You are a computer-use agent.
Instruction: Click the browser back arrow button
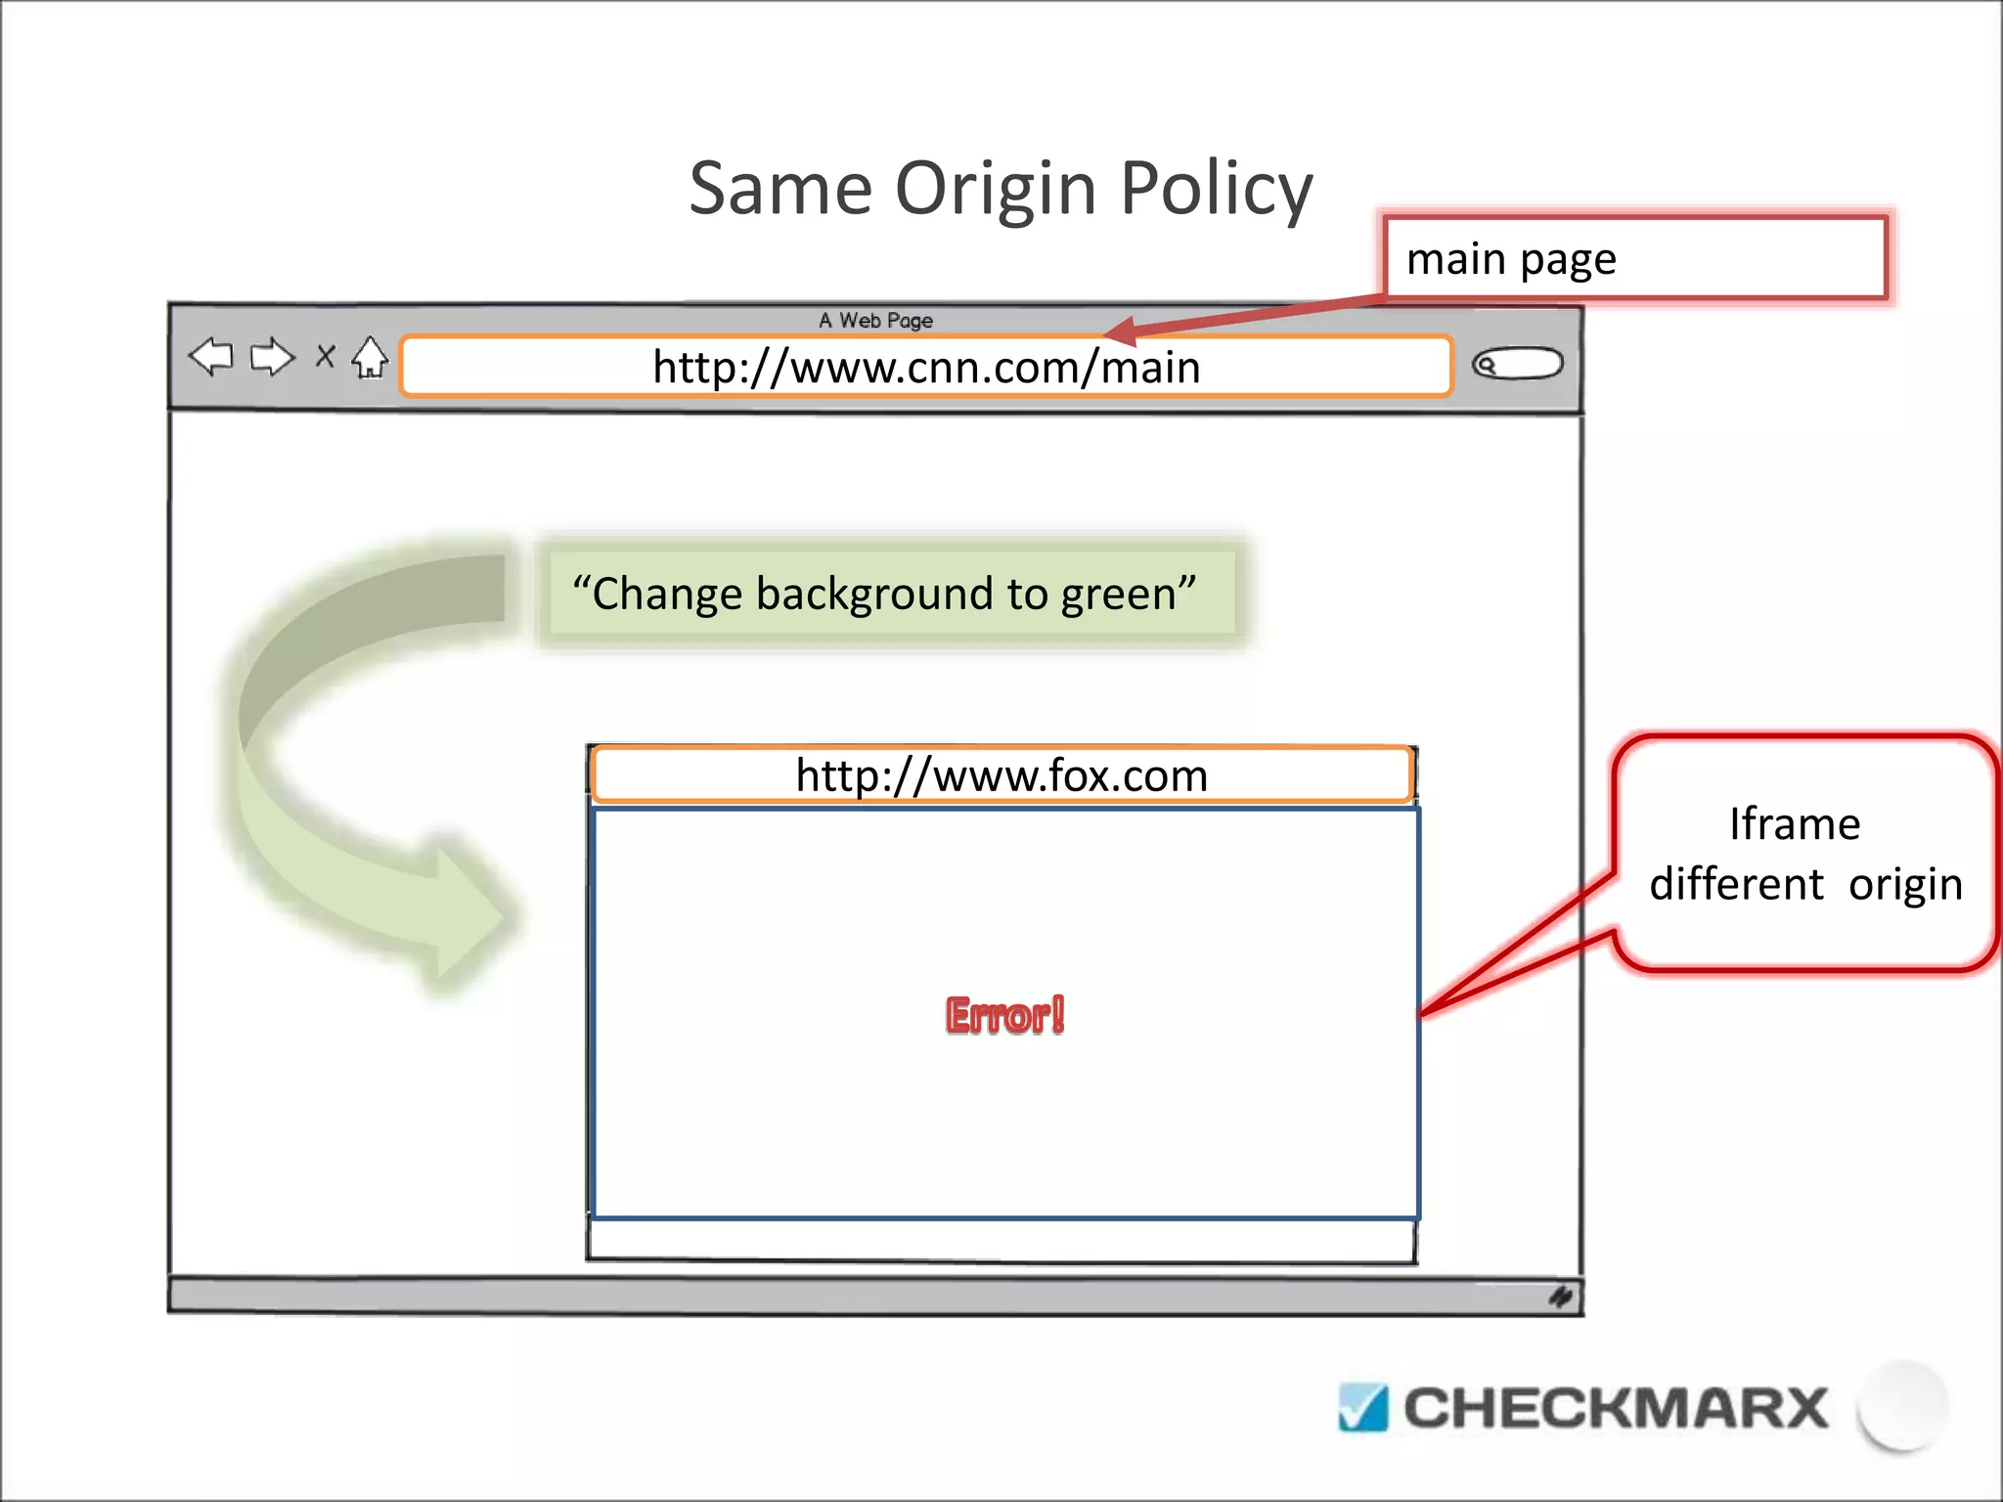pyautogui.click(x=211, y=357)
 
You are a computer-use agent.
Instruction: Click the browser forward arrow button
pyautogui.click(x=272, y=358)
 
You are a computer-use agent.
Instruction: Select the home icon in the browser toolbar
pyautogui.click(x=370, y=358)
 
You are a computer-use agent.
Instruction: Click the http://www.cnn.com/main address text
pyautogui.click(x=926, y=368)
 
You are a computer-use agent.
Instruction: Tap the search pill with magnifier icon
pyautogui.click(x=1517, y=365)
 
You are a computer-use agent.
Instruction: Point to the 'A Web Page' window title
pyautogui.click(x=875, y=321)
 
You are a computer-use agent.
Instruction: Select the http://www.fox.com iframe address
pyautogui.click(x=1001, y=775)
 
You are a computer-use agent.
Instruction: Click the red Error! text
pyautogui.click(x=1004, y=1015)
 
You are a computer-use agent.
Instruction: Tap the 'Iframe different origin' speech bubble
pyautogui.click(x=1804, y=854)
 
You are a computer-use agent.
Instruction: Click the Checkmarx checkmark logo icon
pyautogui.click(x=1362, y=1408)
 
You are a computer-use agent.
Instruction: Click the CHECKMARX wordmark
pyautogui.click(x=1615, y=1408)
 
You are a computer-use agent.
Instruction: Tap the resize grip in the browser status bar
pyautogui.click(x=1560, y=1297)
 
